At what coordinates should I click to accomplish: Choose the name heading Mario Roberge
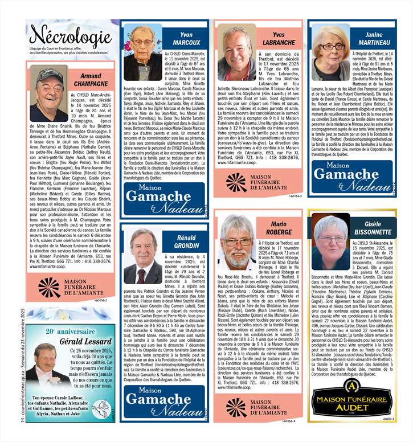click(x=279, y=228)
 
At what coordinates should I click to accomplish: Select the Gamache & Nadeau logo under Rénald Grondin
click(x=165, y=399)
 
